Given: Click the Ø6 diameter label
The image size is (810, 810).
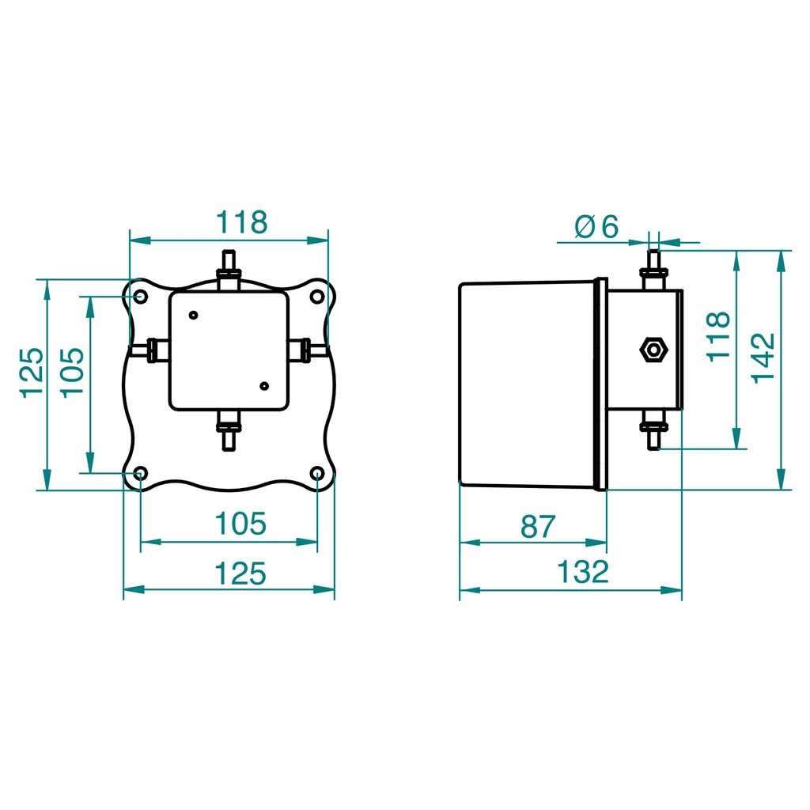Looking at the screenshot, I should [596, 227].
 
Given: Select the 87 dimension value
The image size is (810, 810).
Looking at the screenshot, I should [539, 526].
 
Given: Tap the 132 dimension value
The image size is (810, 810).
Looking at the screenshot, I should [582, 572].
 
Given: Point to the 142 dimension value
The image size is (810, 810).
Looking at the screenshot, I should [763, 358].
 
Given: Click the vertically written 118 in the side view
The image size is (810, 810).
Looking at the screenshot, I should [718, 336].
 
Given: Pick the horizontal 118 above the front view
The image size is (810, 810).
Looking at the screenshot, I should [243, 222].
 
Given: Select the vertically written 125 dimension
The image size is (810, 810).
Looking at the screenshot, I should [32, 373].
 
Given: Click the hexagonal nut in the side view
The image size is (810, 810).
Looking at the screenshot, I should [653, 349].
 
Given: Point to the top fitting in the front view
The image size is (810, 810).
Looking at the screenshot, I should [229, 269].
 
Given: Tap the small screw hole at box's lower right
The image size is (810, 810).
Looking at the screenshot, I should [264, 385].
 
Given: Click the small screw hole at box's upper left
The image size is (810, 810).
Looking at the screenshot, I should [193, 315].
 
